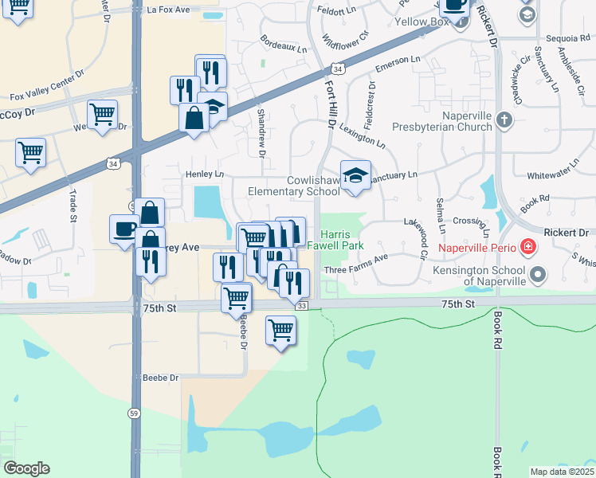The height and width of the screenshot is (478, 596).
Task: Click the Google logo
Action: coord(26,468)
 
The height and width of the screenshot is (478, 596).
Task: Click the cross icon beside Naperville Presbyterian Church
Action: coord(504,120)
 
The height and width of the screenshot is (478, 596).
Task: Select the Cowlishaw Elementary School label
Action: coord(294,186)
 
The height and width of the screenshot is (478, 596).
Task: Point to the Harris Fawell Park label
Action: coord(342,240)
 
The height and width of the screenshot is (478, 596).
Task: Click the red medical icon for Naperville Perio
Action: coord(527,247)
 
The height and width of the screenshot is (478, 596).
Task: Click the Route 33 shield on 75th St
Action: coord(300,307)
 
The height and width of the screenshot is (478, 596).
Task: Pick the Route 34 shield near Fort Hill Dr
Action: coord(338,70)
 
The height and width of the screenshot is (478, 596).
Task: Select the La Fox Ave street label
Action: coord(169,10)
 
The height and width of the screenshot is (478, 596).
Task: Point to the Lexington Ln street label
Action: coord(363,136)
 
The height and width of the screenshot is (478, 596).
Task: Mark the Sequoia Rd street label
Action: coord(567,37)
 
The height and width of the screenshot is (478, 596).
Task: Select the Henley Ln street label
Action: coord(205,174)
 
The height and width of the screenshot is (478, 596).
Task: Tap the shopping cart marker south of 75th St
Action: coord(280,329)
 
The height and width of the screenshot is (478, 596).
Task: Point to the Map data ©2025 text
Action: coord(562,472)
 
